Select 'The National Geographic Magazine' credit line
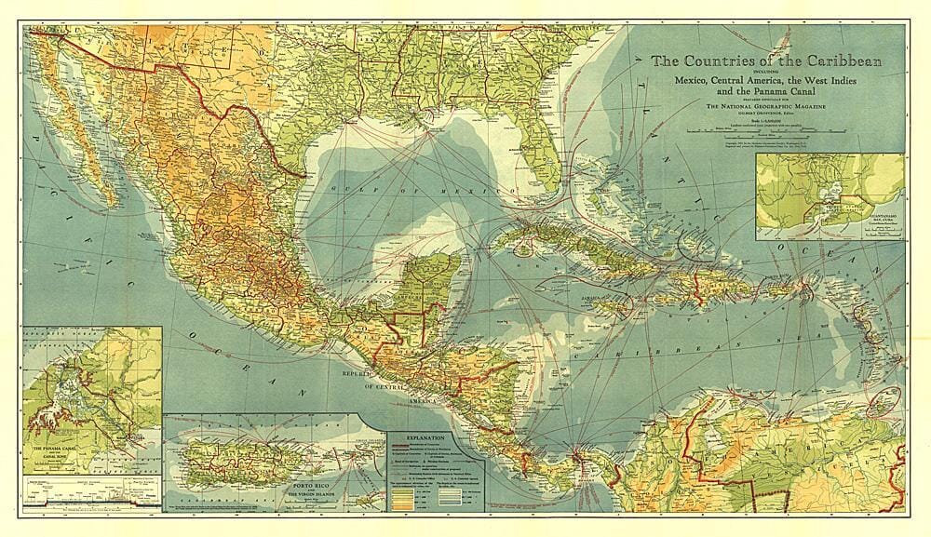765,107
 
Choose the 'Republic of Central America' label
392,382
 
